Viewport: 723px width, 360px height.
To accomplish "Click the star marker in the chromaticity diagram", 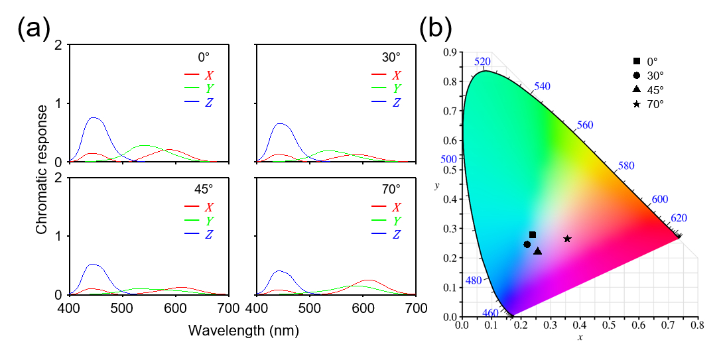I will pyautogui.click(x=567, y=239).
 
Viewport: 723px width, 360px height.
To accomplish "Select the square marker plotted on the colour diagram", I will pyautogui.click(x=532, y=235).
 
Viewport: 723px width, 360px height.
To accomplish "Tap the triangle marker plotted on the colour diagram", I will pyautogui.click(x=537, y=251).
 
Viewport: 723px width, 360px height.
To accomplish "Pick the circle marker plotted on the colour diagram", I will pyautogui.click(x=527, y=245).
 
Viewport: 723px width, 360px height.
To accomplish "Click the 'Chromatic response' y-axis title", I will pyautogui.click(x=42, y=170).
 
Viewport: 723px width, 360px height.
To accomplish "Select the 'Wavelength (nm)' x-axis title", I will pyautogui.click(x=243, y=329).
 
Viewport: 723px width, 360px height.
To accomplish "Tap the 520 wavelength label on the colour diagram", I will pyautogui.click(x=482, y=62).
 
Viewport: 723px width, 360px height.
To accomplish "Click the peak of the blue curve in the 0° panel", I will pyautogui.click(x=95, y=118).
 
